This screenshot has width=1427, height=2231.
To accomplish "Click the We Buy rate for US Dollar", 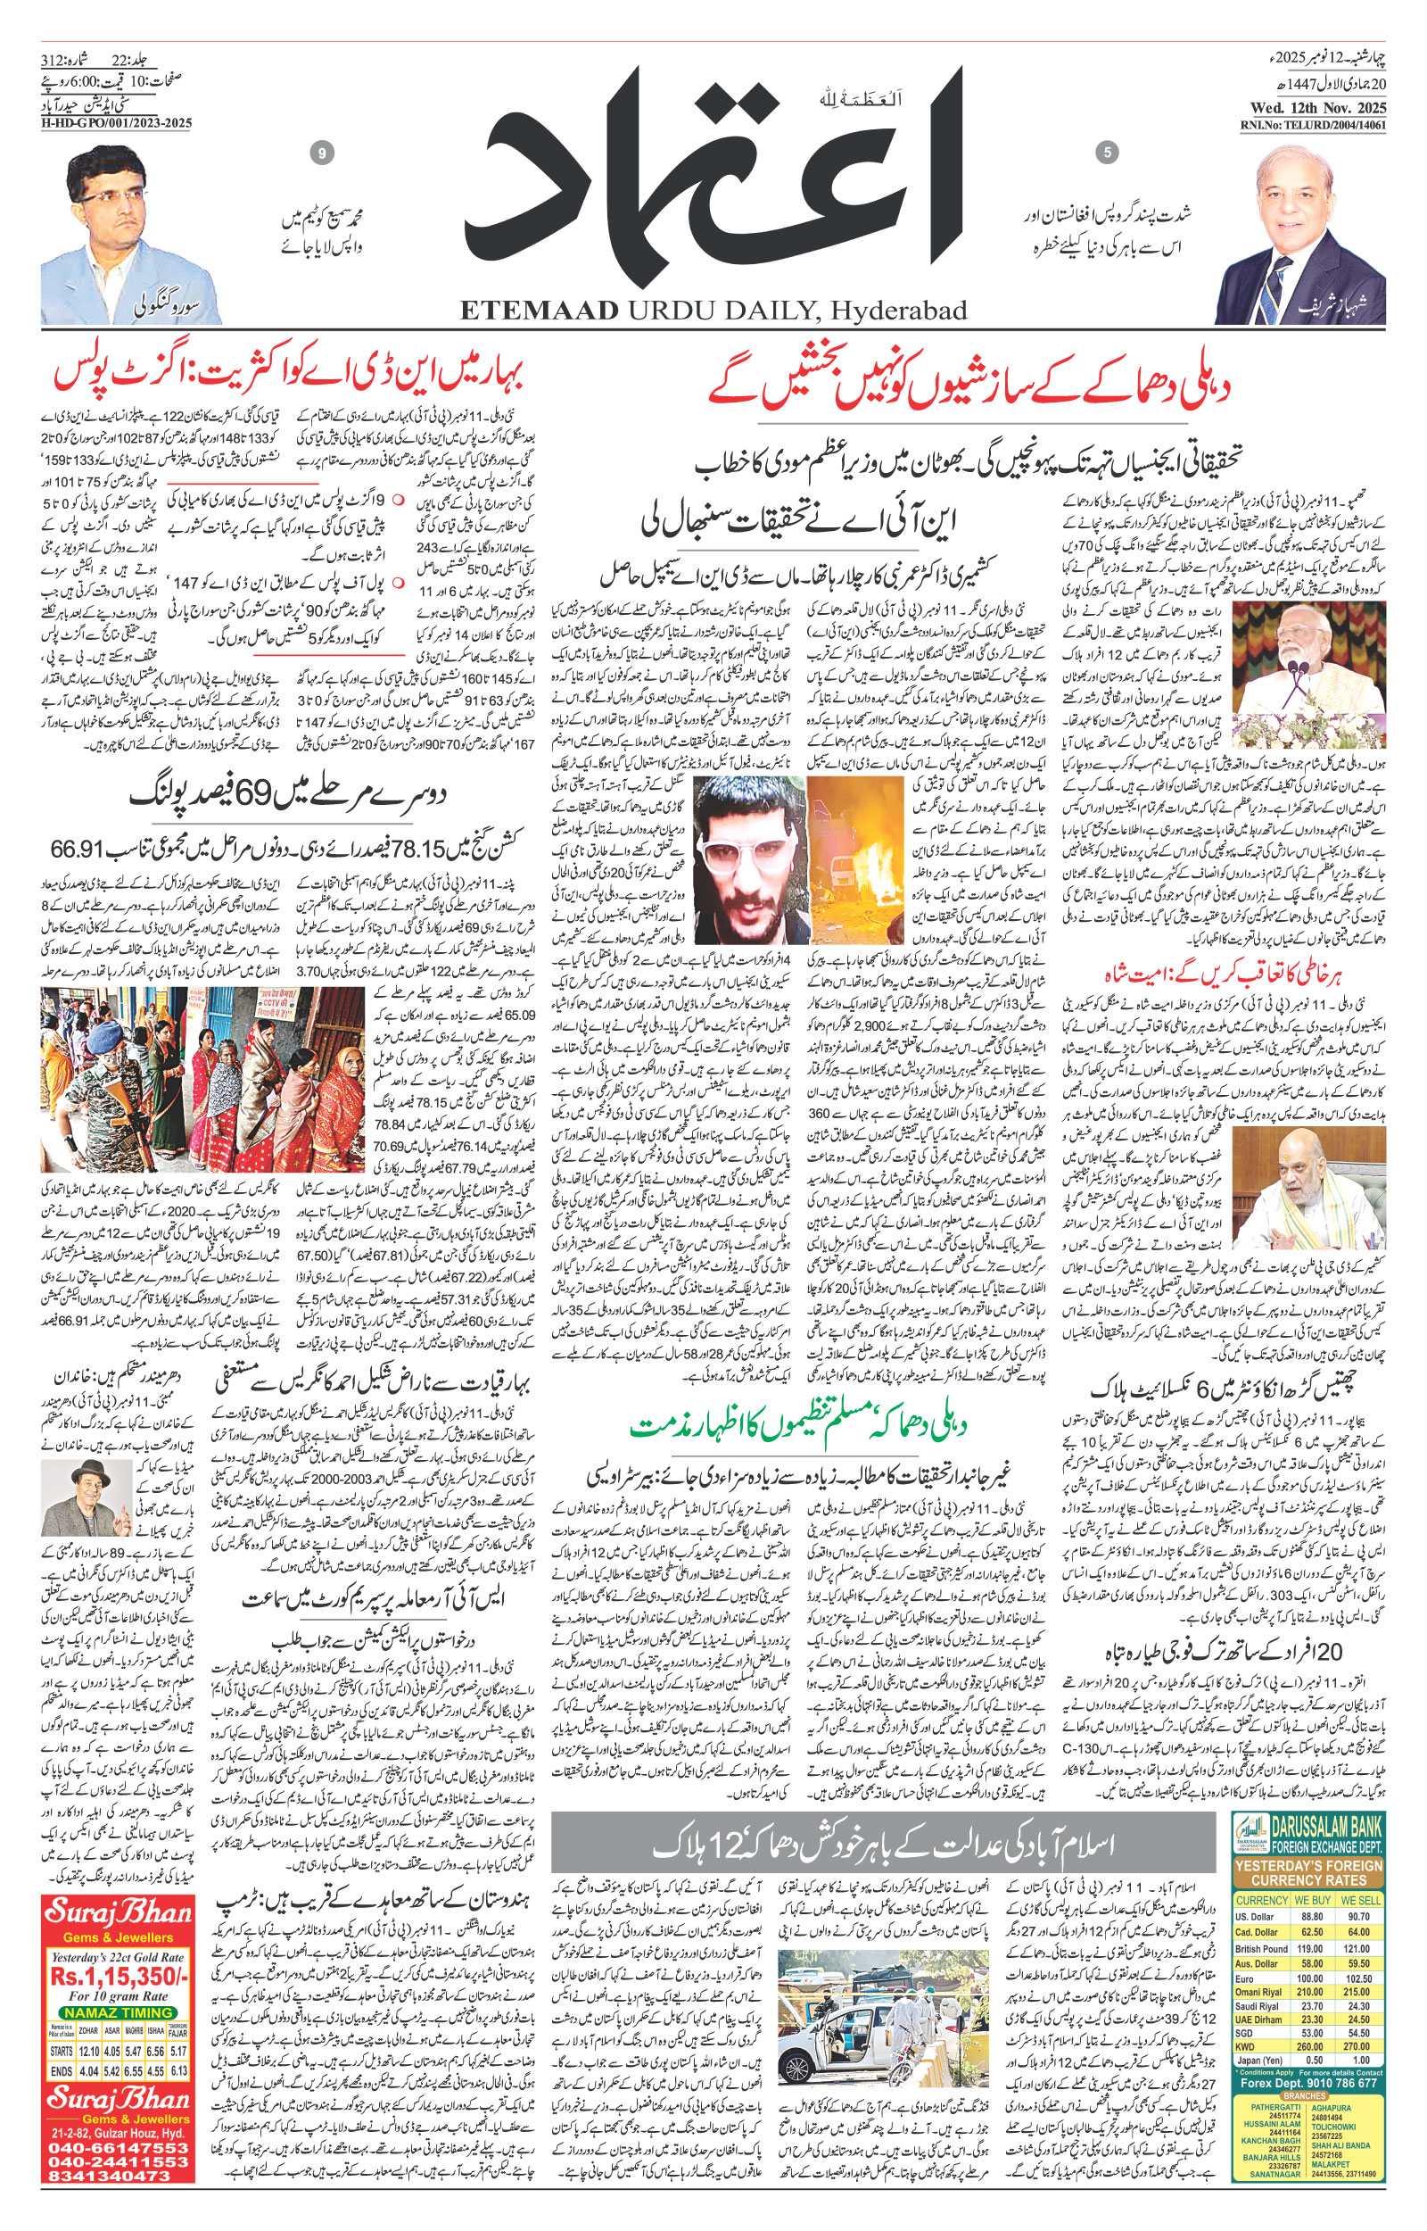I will point(1311,1916).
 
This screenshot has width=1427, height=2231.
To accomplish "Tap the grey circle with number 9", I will point(322,153).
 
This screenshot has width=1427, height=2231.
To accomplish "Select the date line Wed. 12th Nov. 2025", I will point(1314,106).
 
